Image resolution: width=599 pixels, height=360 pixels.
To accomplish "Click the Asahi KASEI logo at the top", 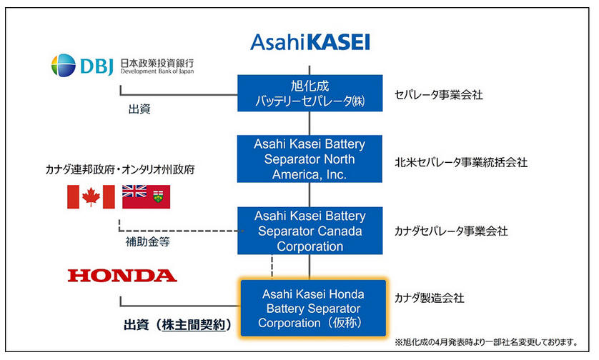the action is click(310, 42).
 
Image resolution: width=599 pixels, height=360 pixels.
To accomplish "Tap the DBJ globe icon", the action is click(64, 65).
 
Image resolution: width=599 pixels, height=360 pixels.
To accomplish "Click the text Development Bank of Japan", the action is click(157, 71).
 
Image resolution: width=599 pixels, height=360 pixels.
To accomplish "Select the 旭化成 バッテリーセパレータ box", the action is click(310, 93).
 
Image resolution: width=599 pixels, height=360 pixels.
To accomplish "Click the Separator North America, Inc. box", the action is click(310, 159).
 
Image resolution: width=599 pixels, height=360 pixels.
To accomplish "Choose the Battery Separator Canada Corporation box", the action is click(310, 231).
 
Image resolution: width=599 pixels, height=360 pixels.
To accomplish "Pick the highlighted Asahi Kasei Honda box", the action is click(313, 309).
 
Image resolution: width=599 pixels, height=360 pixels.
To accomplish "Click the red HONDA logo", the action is click(122, 276).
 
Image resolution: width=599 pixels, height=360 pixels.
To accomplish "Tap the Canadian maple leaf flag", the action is click(91, 197).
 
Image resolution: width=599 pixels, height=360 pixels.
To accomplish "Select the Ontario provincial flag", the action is click(146, 197).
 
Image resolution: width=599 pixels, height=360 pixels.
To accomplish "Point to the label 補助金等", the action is click(147, 241).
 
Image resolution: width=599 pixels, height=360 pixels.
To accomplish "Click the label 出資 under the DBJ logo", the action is click(139, 109).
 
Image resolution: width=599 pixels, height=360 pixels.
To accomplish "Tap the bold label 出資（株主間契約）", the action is click(178, 325).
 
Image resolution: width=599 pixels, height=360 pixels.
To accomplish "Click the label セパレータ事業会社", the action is click(439, 95).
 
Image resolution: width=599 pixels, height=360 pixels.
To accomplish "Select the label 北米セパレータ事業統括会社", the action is click(461, 162).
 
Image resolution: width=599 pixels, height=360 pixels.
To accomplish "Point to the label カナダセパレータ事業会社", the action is click(451, 231).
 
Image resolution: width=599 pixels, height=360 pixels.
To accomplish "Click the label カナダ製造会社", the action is click(430, 298).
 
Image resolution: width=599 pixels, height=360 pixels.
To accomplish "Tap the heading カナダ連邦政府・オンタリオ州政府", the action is click(120, 169).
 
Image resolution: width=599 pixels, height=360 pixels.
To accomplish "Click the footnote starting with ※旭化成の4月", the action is click(486, 342).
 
